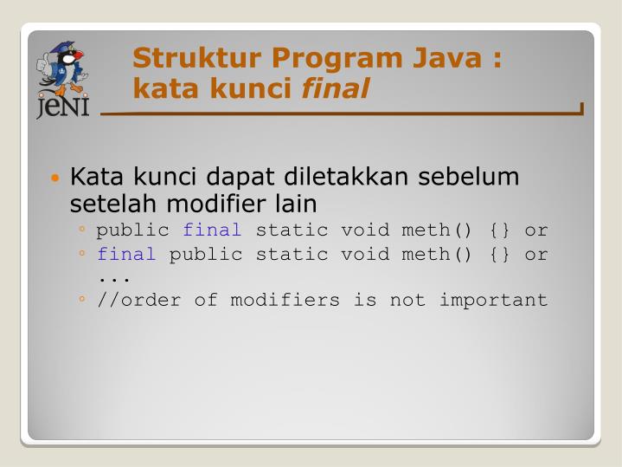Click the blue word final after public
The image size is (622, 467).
212,230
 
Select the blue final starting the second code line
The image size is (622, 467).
126,255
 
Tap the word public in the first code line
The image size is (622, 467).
132,230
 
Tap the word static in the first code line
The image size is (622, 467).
292,230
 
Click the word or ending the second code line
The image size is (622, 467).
536,255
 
